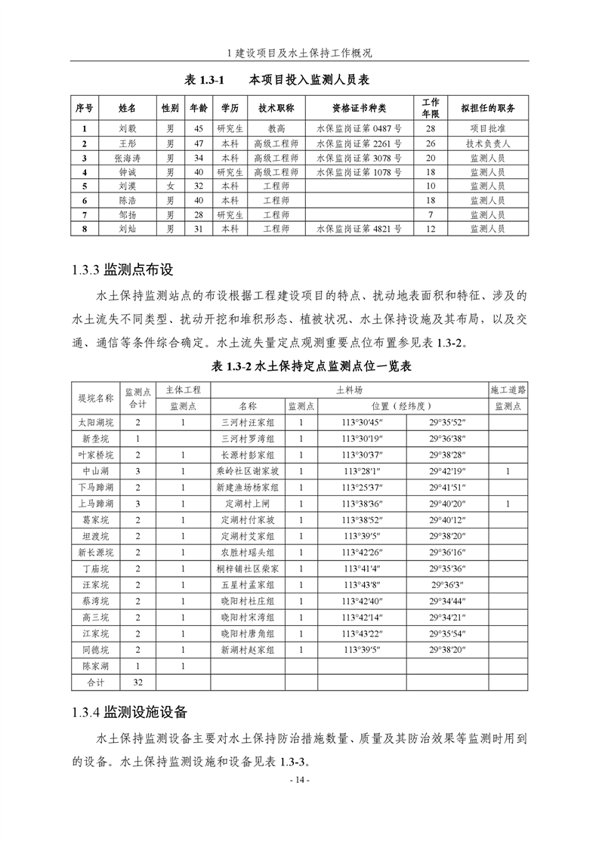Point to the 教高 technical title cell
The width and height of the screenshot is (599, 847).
(276, 129)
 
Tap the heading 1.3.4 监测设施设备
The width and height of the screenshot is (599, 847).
(129, 712)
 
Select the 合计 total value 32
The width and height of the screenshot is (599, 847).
(138, 682)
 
